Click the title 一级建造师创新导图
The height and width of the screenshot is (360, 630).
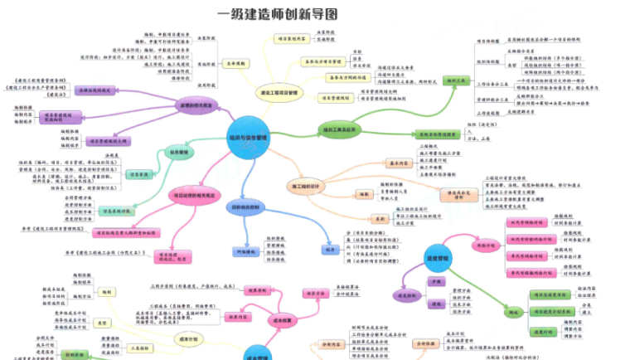[277, 14]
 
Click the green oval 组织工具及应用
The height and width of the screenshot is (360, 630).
[340, 129]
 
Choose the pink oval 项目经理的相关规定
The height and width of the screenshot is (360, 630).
[194, 196]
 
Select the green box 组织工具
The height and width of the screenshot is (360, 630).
[456, 81]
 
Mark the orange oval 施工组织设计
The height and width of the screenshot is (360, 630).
[310, 183]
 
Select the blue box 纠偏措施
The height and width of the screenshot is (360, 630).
[245, 250]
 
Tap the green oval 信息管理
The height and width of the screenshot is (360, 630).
[180, 153]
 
